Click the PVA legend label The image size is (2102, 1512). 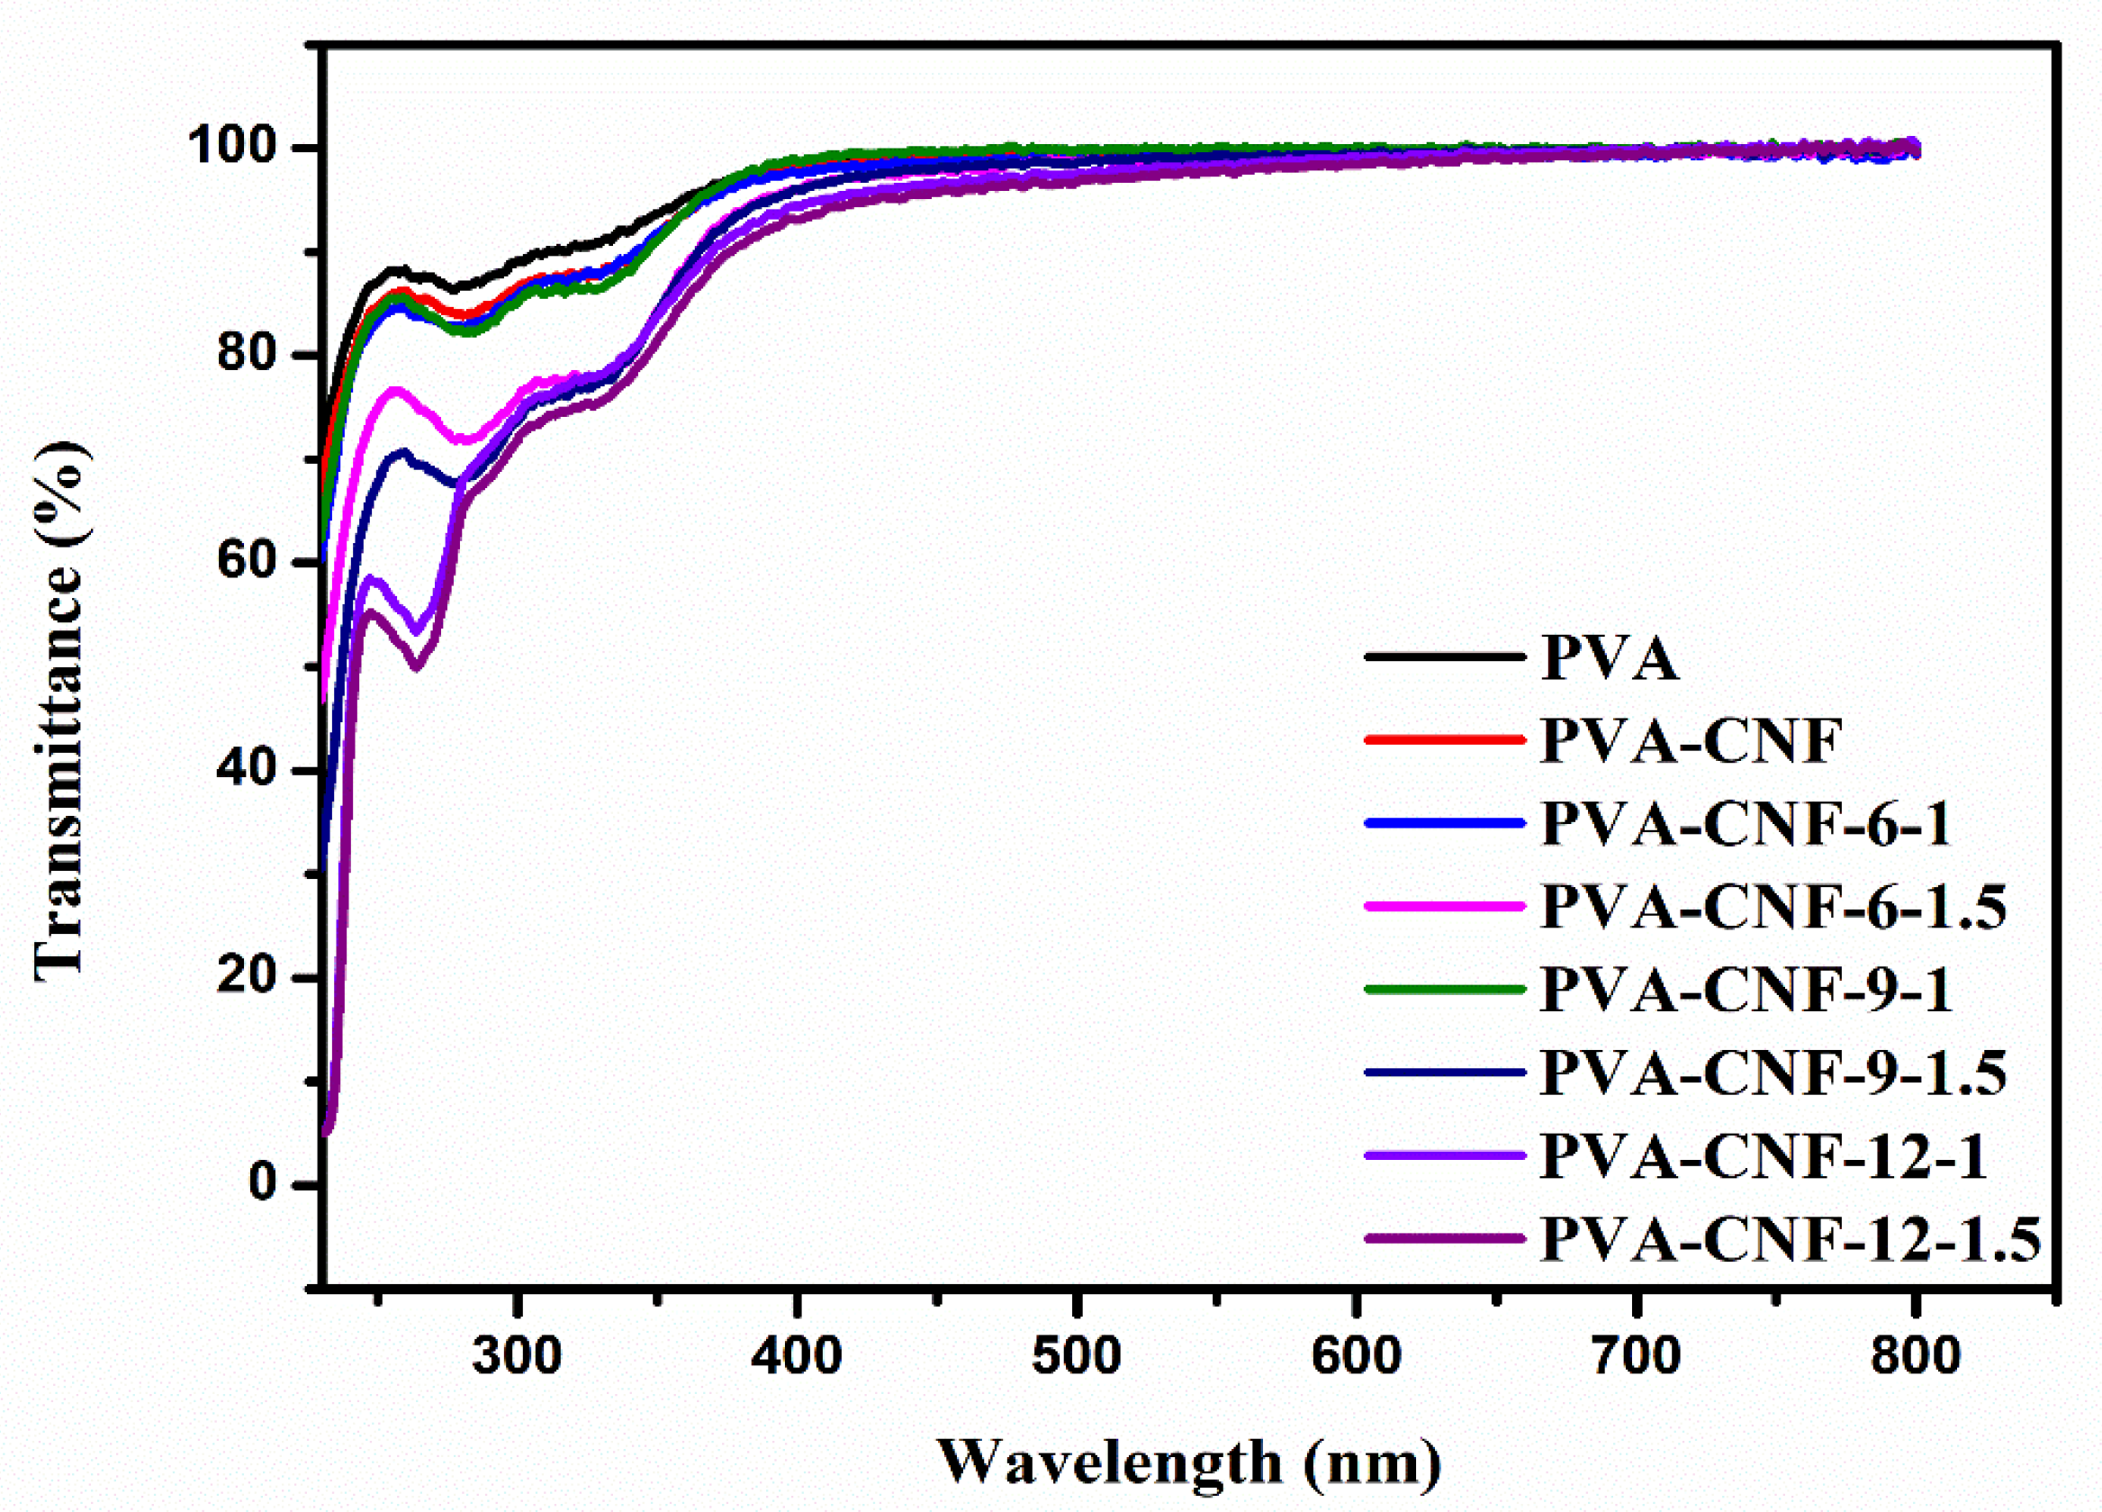coord(1608,659)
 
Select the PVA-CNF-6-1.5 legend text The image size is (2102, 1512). coord(1772,907)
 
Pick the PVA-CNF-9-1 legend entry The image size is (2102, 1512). coord(1746,989)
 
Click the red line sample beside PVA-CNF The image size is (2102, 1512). coord(1444,739)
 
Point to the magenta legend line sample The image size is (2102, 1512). coord(1444,906)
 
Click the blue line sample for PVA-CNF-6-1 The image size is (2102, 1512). coord(1444,822)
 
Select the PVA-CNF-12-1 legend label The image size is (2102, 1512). coord(1763,1156)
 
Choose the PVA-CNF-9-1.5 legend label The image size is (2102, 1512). coord(1772,1073)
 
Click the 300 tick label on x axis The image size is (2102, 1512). coord(516,1356)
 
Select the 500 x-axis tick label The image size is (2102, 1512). coord(1076,1356)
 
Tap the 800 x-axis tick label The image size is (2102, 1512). coord(1915,1356)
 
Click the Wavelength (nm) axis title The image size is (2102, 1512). coord(1189,1463)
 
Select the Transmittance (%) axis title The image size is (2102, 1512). coord(60,711)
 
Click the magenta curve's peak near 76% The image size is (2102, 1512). coord(396,390)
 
